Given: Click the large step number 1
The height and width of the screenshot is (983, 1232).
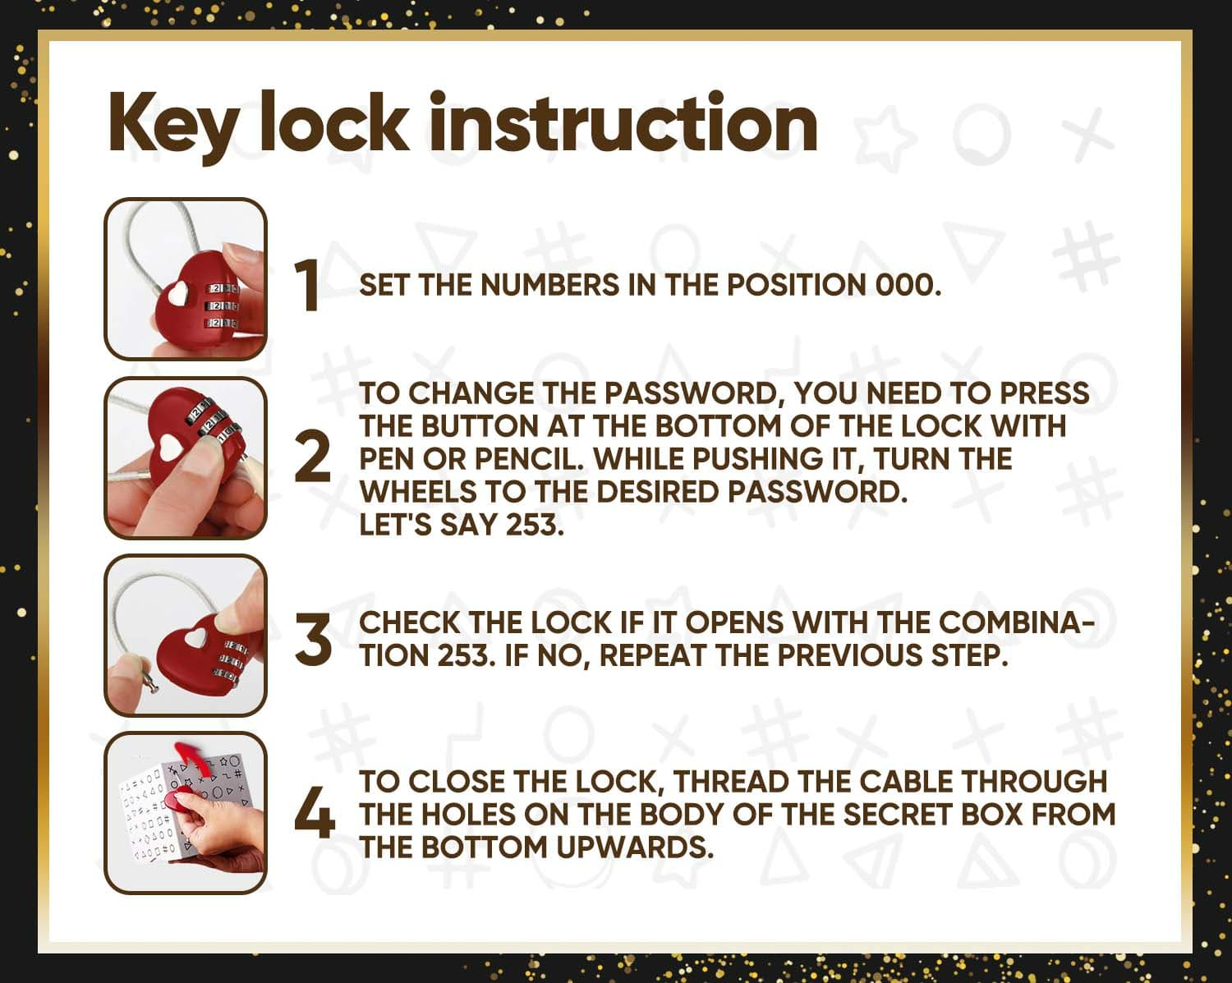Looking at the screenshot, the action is [x=308, y=285].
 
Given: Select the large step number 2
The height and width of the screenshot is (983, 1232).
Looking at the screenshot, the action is [x=313, y=457].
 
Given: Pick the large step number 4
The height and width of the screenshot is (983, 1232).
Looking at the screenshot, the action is [x=315, y=812].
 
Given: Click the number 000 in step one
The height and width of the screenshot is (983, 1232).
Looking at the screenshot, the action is [x=908, y=285].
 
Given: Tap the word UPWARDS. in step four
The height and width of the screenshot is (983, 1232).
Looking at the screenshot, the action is [x=635, y=847].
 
